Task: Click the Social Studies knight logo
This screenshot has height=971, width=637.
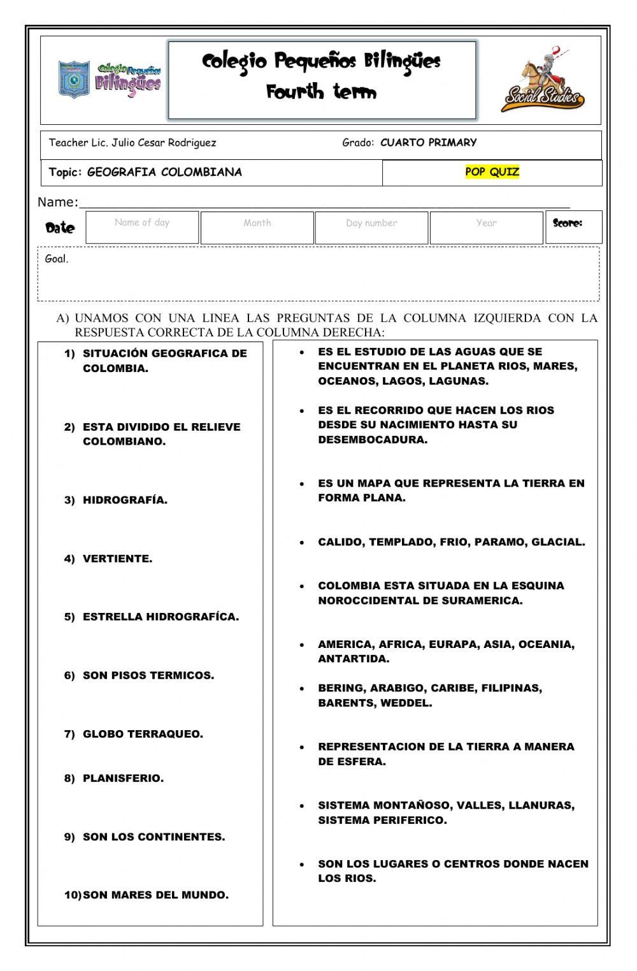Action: pyautogui.click(x=542, y=80)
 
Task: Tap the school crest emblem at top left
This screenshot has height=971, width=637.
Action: pyautogui.click(x=74, y=80)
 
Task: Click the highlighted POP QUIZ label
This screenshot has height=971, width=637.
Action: pyautogui.click(x=492, y=171)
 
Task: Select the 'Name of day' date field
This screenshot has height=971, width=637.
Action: pyautogui.click(x=142, y=227)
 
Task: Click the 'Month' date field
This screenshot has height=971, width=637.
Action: pyautogui.click(x=257, y=227)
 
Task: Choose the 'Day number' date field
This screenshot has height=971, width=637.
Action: pyautogui.click(x=371, y=227)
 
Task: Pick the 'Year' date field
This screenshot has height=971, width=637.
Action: pyautogui.click(x=486, y=227)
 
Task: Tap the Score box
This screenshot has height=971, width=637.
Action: pyautogui.click(x=573, y=227)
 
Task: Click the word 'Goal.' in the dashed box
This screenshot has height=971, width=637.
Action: pyautogui.click(x=57, y=259)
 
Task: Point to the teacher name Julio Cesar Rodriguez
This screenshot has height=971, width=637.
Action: pyautogui.click(x=164, y=143)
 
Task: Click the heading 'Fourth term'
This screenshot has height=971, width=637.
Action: pyautogui.click(x=322, y=92)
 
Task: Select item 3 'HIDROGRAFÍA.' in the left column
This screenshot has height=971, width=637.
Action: pyautogui.click(x=125, y=500)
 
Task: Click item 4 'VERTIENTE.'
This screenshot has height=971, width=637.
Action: pyautogui.click(x=117, y=559)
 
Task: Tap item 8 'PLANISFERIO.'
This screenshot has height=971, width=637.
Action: pyautogui.click(x=123, y=778)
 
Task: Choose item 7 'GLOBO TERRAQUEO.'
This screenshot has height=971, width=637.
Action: pyautogui.click(x=143, y=734)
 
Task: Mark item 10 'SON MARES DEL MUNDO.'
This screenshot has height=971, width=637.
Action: pyautogui.click(x=155, y=895)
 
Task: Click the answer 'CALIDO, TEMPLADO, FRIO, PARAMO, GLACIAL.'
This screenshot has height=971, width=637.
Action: pyautogui.click(x=451, y=542)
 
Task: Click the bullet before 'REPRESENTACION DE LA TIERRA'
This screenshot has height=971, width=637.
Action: pyautogui.click(x=302, y=747)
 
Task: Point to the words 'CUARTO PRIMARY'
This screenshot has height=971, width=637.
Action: pyautogui.click(x=428, y=143)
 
